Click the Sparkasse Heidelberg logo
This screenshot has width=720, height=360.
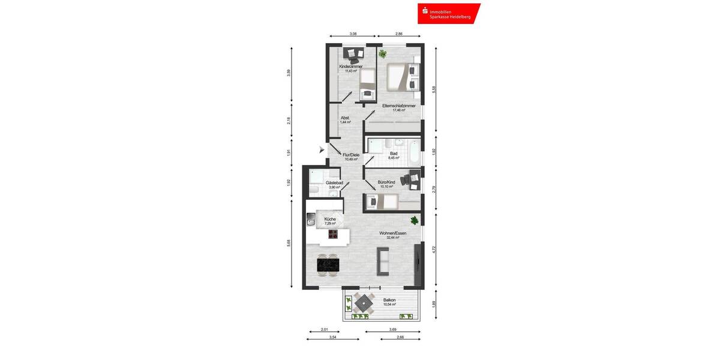[449, 13]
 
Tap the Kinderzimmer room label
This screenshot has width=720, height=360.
[351, 66]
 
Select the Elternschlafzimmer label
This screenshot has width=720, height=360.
[399, 106]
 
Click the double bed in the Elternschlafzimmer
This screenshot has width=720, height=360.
[399, 77]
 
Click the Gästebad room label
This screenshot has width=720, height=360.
[334, 182]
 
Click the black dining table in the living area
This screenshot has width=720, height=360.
[328, 262]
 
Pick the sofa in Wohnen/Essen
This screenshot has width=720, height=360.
[382, 259]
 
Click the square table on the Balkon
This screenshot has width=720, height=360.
[363, 304]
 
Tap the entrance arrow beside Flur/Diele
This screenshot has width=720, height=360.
[322, 149]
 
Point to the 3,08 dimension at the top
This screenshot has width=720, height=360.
[353, 34]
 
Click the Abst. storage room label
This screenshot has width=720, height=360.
[345, 118]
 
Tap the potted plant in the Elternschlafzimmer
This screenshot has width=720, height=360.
[382, 54]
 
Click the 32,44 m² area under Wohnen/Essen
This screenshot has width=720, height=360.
[394, 238]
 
